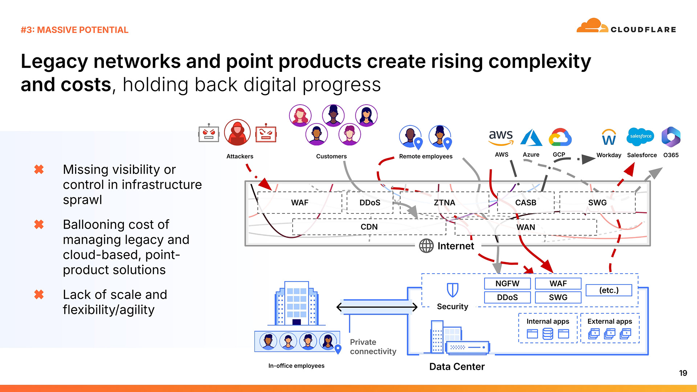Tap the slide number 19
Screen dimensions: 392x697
pos(683,373)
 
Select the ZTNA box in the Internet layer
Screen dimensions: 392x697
pos(444,203)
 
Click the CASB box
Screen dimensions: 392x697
pos(526,203)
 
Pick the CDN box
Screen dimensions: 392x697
pos(369,227)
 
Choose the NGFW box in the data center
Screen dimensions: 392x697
pos(507,283)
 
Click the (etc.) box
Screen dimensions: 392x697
pos(609,290)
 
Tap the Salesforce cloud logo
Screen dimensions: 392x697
pos(641,137)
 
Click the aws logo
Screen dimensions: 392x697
pos(501,137)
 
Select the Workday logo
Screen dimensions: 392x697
pos(609,138)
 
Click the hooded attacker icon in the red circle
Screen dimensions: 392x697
pos(237,133)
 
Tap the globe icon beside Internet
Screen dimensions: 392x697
pos(426,246)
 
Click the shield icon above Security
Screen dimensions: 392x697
pos(452,290)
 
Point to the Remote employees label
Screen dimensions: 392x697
pos(425,156)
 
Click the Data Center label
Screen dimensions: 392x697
pos(457,367)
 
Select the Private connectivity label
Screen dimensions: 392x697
pos(373,347)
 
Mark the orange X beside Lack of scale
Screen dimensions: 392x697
pos(39,294)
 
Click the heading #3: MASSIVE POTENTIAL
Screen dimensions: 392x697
pos(74,30)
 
